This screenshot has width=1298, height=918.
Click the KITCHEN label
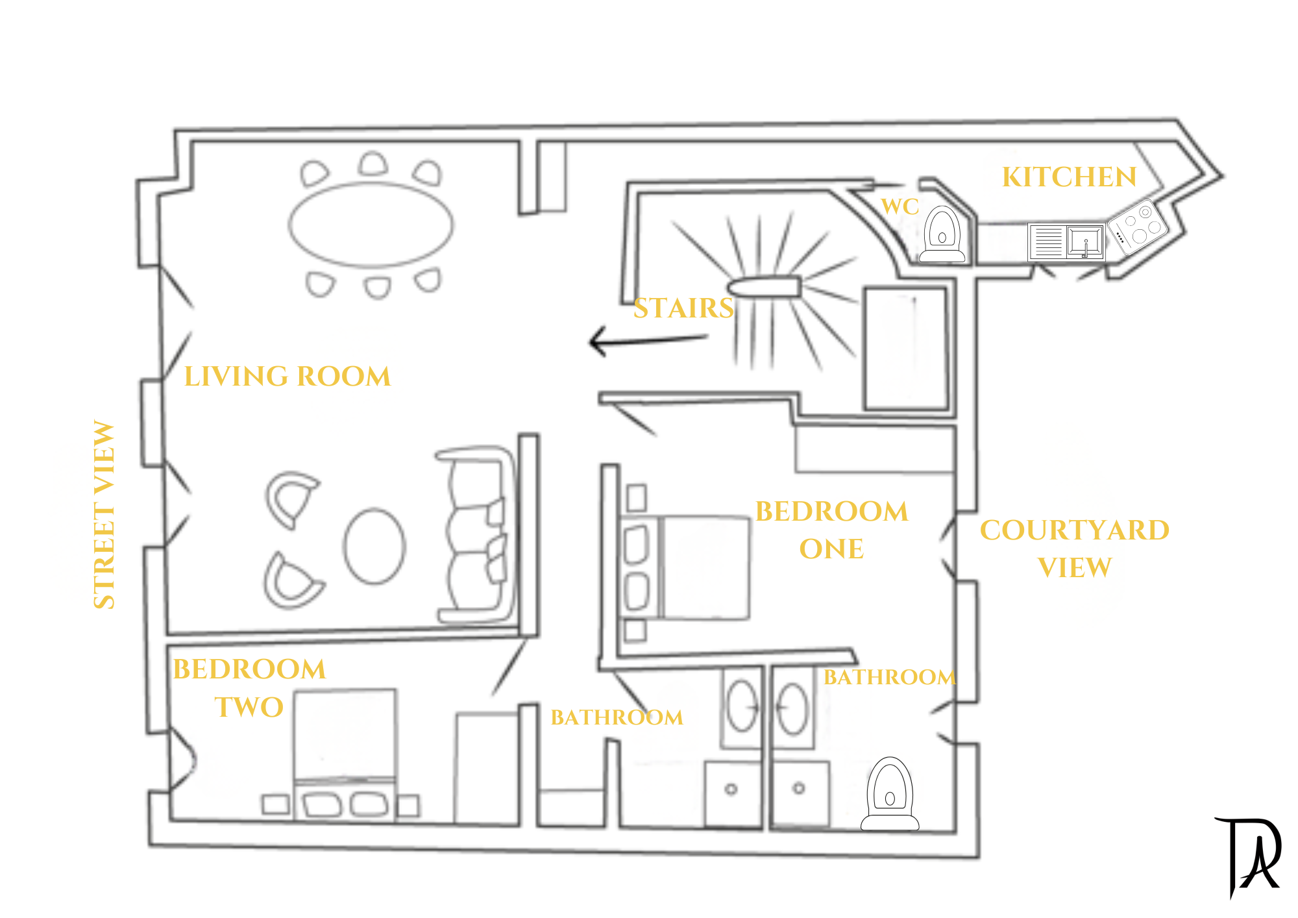pyautogui.click(x=1069, y=177)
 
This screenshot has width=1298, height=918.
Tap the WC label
pyautogui.click(x=900, y=206)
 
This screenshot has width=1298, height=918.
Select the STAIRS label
pyautogui.click(x=683, y=308)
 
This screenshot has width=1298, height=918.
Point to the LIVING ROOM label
pyautogui.click(x=288, y=377)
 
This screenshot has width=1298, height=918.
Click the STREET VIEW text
pyautogui.click(x=104, y=514)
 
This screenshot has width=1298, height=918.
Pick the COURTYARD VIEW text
pyautogui.click(x=1075, y=549)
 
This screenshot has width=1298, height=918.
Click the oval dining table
pyautogui.click(x=371, y=225)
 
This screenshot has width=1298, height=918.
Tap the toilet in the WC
pyautogui.click(x=942, y=234)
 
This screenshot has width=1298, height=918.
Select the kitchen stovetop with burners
pyautogui.click(x=1138, y=227)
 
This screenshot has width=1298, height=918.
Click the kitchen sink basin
pyautogui.click(x=1085, y=242)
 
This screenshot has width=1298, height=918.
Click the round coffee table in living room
pyautogui.click(x=374, y=547)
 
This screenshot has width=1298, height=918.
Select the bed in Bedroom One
pyautogui.click(x=685, y=567)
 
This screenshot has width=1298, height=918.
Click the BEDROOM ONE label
pyautogui.click(x=831, y=530)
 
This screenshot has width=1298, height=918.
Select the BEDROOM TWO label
pyautogui.click(x=249, y=688)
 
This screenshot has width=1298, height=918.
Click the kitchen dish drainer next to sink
pyautogui.click(x=1047, y=242)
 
